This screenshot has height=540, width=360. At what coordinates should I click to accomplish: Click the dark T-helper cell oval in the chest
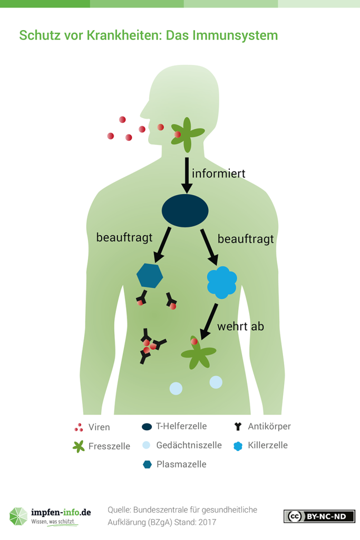coord(184,210)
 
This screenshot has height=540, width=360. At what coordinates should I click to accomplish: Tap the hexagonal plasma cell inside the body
coord(150,275)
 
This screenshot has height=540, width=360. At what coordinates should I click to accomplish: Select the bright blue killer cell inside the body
coord(221,282)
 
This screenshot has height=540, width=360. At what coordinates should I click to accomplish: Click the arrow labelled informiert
coord(186,175)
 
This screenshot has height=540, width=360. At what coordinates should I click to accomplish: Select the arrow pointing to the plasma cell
coord(161,245)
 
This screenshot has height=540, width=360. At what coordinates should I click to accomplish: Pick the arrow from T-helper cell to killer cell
coord(209,247)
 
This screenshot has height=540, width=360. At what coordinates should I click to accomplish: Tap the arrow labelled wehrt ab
coord(208,322)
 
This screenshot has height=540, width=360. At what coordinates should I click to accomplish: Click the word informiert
coord(218,172)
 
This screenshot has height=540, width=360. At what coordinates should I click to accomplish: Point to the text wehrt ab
coord(241,326)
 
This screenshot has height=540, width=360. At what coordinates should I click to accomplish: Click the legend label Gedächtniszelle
coord(189,445)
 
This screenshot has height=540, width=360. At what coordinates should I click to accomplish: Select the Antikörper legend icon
coord(238,426)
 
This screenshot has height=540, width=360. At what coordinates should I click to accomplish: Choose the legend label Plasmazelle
coord(181,464)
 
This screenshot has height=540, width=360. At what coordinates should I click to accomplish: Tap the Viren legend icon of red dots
coord(79,427)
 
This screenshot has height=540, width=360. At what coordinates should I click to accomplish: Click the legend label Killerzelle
coord(267,445)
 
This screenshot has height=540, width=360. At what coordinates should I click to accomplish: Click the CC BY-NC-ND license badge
coord(319,516)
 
